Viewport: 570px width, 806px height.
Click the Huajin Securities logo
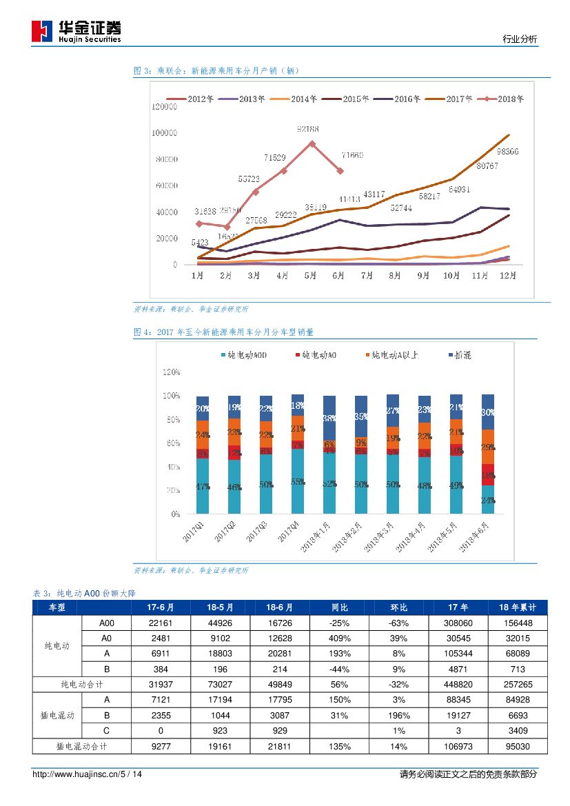(x=76, y=30)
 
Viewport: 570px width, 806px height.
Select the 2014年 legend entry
(x=294, y=99)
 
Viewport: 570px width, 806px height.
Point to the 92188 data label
(x=307, y=129)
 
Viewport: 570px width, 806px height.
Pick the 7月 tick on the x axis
(x=367, y=276)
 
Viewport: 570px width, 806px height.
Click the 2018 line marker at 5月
(x=312, y=143)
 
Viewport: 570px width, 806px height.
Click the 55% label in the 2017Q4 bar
(x=298, y=482)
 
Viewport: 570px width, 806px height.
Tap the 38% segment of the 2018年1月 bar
(x=329, y=418)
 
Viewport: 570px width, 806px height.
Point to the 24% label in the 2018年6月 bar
(x=488, y=501)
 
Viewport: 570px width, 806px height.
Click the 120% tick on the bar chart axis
(x=171, y=372)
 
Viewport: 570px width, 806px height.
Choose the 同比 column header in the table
(x=339, y=607)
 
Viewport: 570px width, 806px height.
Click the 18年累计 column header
(x=517, y=607)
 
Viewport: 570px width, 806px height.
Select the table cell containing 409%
(x=339, y=638)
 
